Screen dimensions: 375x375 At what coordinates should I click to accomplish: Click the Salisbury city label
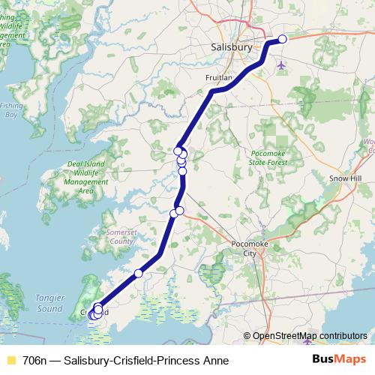point(229,46)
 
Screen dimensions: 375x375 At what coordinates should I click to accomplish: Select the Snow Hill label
point(346,178)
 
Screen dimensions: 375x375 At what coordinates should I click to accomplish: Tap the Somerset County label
point(121,237)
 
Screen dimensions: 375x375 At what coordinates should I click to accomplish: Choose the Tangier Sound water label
point(49,303)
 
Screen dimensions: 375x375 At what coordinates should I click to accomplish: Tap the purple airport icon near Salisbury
point(282,65)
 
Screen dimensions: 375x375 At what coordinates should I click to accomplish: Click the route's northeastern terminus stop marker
point(283,39)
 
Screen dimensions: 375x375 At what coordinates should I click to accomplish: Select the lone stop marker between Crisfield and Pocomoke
point(138,274)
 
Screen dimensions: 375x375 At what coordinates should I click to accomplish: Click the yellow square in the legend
point(10,360)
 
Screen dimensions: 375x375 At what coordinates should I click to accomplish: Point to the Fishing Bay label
point(10,110)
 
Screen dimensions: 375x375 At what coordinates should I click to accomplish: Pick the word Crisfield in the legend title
point(133,360)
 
